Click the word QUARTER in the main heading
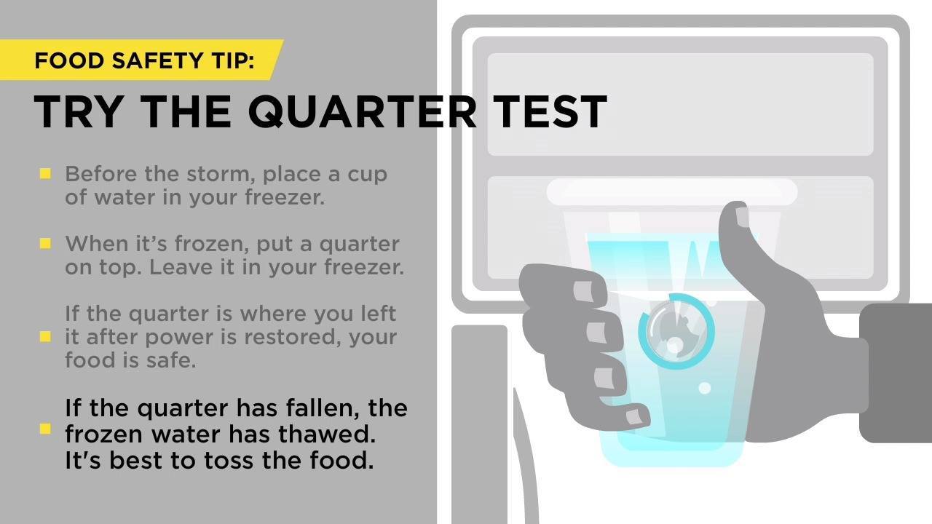[x=362, y=111]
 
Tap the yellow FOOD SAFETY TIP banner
[x=141, y=60]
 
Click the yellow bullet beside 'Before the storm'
[x=45, y=173]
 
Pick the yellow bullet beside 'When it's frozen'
[x=45, y=243]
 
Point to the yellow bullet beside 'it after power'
[x=45, y=336]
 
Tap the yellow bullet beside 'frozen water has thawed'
[x=45, y=429]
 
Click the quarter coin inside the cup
[x=677, y=331]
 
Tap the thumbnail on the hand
[x=742, y=217]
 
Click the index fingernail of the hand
[x=583, y=291]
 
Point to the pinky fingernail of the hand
[x=633, y=417]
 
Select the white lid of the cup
[x=671, y=192]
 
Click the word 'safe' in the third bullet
[x=170, y=360]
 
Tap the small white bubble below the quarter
[x=704, y=388]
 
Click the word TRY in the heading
[x=78, y=111]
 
